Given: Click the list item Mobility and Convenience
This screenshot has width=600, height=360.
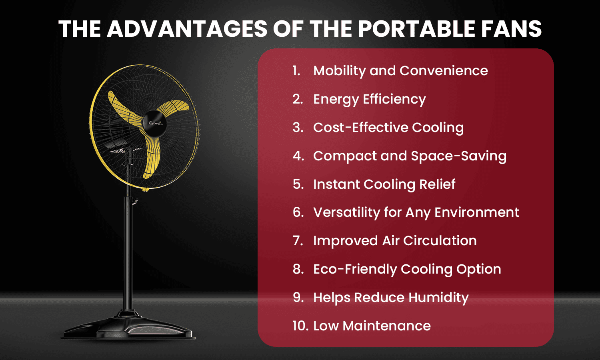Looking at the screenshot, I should pyautogui.click(x=400, y=71).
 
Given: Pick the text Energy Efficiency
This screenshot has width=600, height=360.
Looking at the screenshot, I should pyautogui.click(x=369, y=99).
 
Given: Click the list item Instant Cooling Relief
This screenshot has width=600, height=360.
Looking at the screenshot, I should pyautogui.click(x=384, y=184).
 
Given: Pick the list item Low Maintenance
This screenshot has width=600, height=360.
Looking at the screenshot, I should pyautogui.click(x=372, y=326).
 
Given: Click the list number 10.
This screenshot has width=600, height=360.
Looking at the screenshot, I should pyautogui.click(x=300, y=326).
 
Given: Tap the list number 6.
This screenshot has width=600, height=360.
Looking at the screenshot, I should pyautogui.click(x=298, y=212).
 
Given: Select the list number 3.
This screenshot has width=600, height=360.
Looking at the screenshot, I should pyautogui.click(x=298, y=128).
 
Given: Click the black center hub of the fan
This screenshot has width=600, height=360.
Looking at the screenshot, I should pyautogui.click(x=155, y=122).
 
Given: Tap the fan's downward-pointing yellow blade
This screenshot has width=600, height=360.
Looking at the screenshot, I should pyautogui.click(x=152, y=156).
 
